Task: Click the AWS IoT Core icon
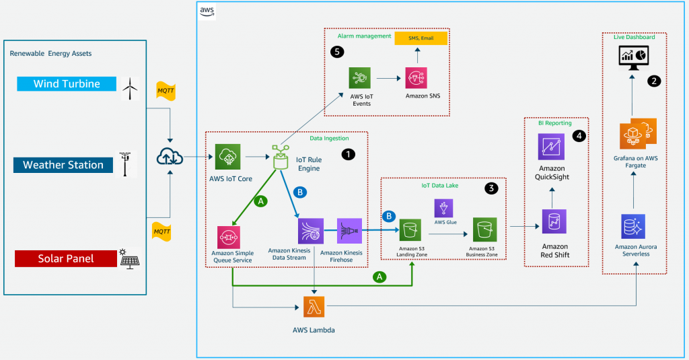(x=227, y=157)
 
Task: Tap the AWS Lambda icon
(x=314, y=307)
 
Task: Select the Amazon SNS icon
(x=416, y=78)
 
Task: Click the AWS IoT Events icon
(x=360, y=78)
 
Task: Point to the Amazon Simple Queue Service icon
(x=229, y=238)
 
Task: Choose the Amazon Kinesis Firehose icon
(x=349, y=231)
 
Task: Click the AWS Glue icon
(x=444, y=209)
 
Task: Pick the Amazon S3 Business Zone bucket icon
(x=484, y=229)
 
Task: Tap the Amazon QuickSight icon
(x=552, y=147)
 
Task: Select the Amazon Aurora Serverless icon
(x=633, y=226)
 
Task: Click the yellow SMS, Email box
(x=421, y=38)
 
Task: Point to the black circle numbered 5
(x=337, y=52)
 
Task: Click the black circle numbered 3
(x=491, y=188)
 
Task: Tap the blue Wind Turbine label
(x=67, y=84)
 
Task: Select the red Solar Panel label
(x=66, y=258)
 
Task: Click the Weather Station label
(x=63, y=165)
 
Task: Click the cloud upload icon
(x=170, y=157)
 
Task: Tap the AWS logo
(x=207, y=11)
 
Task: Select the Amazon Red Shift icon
(x=554, y=221)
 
